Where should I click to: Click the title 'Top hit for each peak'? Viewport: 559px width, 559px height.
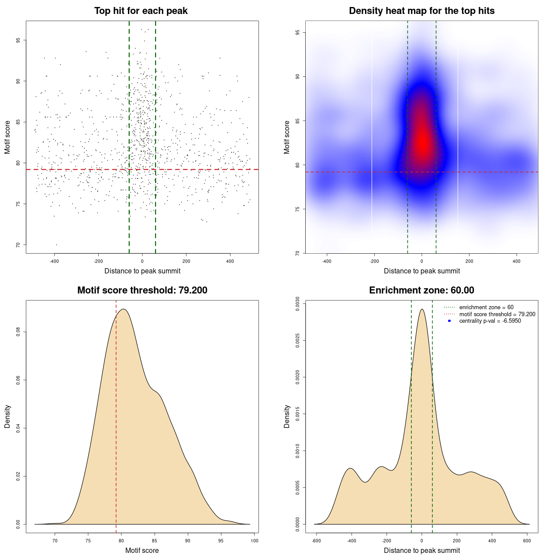(x=141, y=11)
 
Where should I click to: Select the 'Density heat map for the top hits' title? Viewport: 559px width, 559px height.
(x=421, y=11)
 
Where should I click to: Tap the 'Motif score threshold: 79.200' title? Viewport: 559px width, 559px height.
(x=142, y=290)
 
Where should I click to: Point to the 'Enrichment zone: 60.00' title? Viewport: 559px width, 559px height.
(x=421, y=290)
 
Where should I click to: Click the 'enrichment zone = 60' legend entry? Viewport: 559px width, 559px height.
(x=486, y=307)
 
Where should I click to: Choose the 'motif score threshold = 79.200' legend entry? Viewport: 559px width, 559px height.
(x=497, y=314)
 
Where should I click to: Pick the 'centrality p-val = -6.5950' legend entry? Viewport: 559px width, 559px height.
(x=490, y=321)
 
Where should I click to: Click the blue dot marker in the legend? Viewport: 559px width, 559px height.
(x=449, y=321)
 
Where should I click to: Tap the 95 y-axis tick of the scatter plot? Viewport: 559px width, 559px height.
(x=18, y=40)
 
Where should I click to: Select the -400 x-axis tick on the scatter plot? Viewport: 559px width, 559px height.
(x=54, y=261)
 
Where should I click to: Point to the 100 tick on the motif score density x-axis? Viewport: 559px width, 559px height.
(x=254, y=541)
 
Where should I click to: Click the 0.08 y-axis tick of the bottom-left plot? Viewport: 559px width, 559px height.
(x=18, y=332)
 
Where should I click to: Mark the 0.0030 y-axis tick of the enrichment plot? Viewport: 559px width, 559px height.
(x=298, y=304)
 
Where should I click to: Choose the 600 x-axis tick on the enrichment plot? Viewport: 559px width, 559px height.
(x=527, y=541)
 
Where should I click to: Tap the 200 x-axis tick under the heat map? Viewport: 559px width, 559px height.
(x=469, y=261)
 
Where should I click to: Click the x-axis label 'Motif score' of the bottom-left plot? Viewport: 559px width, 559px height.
(x=142, y=550)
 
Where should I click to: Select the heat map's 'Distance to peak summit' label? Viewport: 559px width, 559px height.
(x=421, y=271)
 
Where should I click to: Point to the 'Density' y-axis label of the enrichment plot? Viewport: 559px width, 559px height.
(x=287, y=416)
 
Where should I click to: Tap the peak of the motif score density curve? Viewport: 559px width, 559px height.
(x=124, y=309)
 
